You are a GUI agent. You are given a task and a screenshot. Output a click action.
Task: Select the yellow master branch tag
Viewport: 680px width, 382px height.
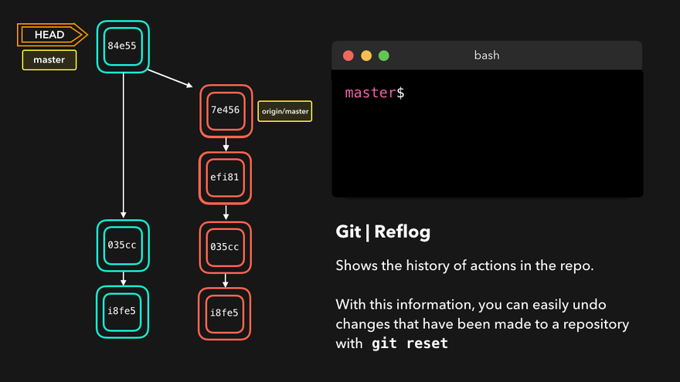[49, 59]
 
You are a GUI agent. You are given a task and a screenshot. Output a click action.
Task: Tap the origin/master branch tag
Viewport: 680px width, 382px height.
[284, 111]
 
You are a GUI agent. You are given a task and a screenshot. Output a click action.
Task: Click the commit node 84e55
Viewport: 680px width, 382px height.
[122, 46]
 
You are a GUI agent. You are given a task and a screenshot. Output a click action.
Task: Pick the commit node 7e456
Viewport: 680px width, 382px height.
[226, 110]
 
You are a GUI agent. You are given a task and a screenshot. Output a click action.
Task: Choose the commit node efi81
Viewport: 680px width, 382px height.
[226, 177]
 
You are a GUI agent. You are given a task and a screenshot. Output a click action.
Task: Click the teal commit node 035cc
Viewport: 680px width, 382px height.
[122, 246]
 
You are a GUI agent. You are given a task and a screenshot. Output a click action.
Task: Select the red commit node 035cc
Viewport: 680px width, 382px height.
[226, 246]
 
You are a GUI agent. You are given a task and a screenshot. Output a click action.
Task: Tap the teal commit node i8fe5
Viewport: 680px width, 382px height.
[122, 312]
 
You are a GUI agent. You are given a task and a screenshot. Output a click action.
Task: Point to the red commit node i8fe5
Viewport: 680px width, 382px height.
[226, 313]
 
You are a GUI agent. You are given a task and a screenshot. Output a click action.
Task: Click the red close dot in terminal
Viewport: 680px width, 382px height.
[348, 56]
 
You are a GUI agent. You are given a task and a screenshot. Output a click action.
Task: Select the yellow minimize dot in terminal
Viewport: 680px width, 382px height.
[365, 56]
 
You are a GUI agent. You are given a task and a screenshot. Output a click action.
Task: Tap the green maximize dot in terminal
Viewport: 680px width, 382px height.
[383, 56]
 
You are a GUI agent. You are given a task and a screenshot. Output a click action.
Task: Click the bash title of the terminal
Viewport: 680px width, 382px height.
[487, 56]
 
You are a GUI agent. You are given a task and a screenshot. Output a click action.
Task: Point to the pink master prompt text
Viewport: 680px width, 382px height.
[370, 93]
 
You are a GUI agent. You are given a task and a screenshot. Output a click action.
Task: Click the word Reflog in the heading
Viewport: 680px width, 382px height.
[403, 232]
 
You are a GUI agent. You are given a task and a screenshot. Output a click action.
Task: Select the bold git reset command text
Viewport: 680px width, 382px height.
[410, 343]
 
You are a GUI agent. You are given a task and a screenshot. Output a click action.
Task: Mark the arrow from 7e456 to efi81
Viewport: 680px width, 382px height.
[226, 144]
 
